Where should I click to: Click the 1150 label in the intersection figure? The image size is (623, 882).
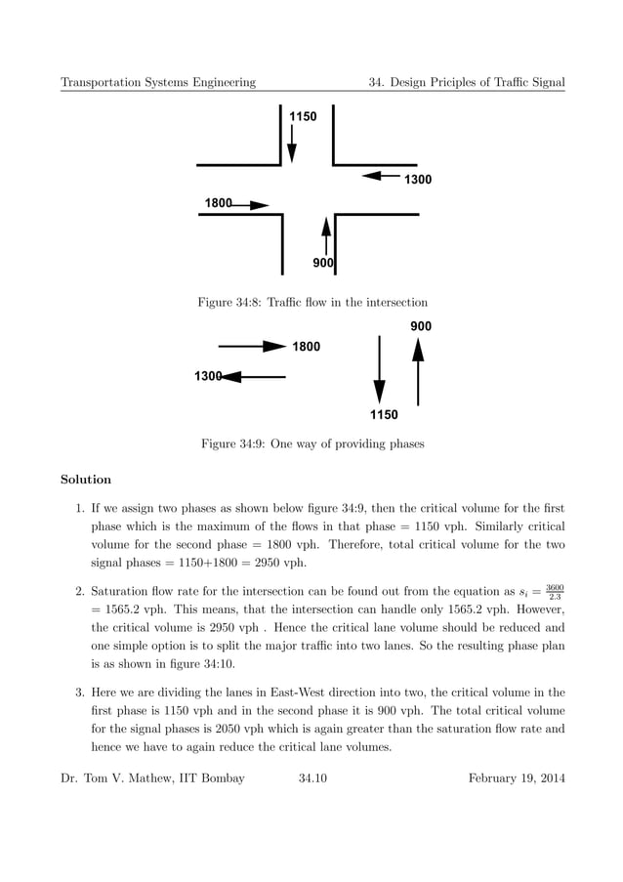pyautogui.click(x=303, y=117)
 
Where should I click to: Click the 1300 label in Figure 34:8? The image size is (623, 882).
pyautogui.click(x=418, y=180)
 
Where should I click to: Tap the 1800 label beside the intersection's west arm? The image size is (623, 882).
pyautogui.click(x=218, y=203)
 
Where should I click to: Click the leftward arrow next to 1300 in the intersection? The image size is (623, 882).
pyautogui.click(x=381, y=177)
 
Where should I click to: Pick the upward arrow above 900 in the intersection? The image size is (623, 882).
pyautogui.click(x=326, y=237)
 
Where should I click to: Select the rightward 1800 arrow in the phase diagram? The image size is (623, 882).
pyautogui.click(x=251, y=346)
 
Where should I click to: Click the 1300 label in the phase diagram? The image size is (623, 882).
pyautogui.click(x=208, y=376)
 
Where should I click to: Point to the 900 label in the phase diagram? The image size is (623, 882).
pyautogui.click(x=421, y=326)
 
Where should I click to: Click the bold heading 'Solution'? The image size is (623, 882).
pyautogui.click(x=86, y=480)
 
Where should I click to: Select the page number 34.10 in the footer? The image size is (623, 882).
pyautogui.click(x=312, y=777)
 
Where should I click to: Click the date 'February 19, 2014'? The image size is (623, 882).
pyautogui.click(x=516, y=777)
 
